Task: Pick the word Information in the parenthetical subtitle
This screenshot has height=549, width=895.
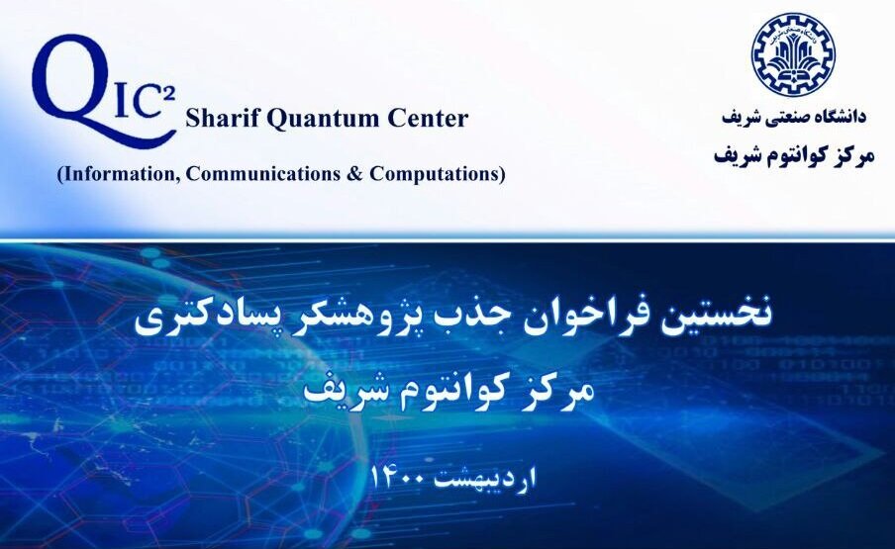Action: tap(119, 173)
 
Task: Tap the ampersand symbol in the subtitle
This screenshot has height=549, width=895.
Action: tap(354, 173)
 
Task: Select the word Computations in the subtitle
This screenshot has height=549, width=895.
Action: tap(437, 174)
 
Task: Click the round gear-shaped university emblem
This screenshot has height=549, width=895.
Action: tap(792, 54)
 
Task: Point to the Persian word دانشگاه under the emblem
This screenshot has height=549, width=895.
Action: tap(840, 116)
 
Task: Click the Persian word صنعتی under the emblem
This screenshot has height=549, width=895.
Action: tap(785, 117)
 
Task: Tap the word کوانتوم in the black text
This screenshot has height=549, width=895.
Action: tap(791, 155)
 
